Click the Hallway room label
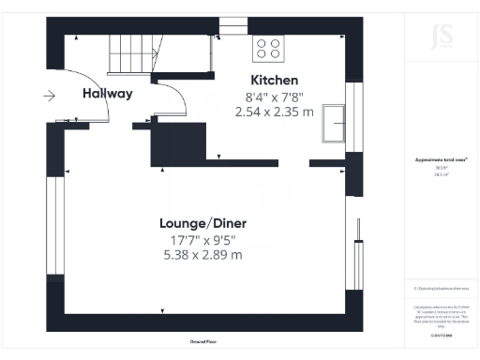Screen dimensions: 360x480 tap(107, 93)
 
